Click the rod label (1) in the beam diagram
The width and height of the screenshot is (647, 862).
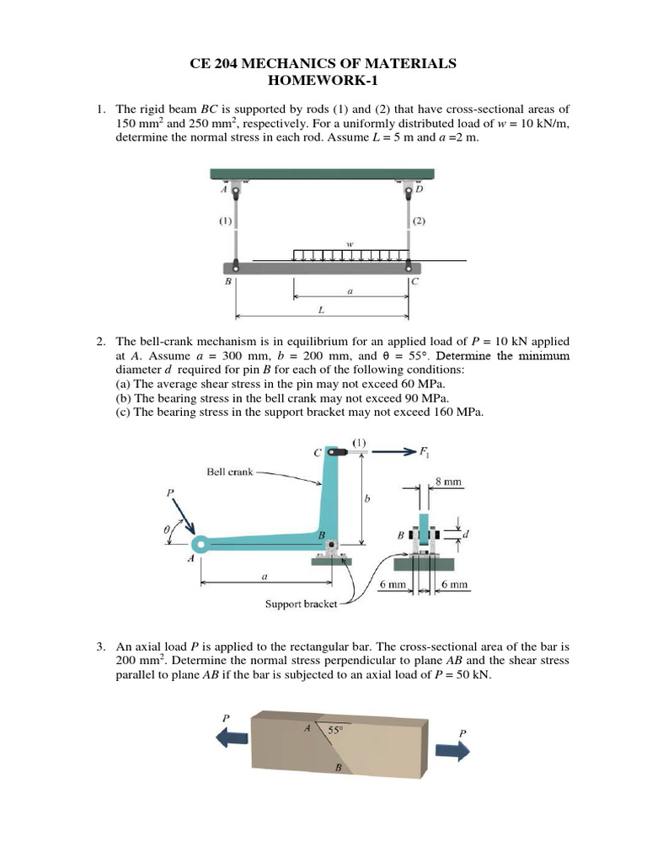pyautogui.click(x=226, y=222)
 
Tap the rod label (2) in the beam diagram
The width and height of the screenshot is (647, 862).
pyautogui.click(x=420, y=222)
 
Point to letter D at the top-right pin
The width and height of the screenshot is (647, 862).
pyautogui.click(x=420, y=189)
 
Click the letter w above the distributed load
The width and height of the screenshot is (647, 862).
pyautogui.click(x=349, y=244)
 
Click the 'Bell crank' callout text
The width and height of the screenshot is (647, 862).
pyautogui.click(x=230, y=471)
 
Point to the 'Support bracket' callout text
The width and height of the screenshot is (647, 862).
pyautogui.click(x=301, y=604)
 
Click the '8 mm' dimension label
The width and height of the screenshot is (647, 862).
pyautogui.click(x=448, y=482)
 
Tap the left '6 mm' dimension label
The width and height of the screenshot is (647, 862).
pyautogui.click(x=393, y=584)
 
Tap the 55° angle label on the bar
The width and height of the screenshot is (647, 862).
pyautogui.click(x=336, y=732)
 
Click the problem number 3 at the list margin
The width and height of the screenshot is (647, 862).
pyautogui.click(x=99, y=646)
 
